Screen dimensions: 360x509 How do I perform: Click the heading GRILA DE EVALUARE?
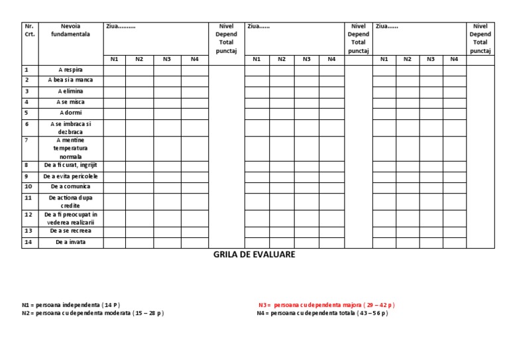click(254, 254)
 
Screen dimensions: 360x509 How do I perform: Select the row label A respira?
click(70, 69)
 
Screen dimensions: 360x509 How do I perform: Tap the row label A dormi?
click(70, 113)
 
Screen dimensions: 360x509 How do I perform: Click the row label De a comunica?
click(70, 187)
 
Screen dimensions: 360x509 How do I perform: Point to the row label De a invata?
click(70, 243)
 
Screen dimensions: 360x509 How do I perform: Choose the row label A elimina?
click(70, 91)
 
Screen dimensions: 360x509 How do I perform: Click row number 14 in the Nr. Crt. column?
click(28, 242)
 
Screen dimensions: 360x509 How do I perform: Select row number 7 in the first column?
click(27, 141)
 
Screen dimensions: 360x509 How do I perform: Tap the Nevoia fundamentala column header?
click(70, 30)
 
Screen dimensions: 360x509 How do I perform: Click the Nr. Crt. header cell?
click(29, 30)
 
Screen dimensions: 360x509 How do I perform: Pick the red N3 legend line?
click(326, 305)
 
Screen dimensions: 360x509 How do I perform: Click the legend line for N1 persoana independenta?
click(71, 305)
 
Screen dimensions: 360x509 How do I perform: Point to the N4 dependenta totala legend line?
click(322, 313)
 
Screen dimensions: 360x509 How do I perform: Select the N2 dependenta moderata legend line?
click(92, 313)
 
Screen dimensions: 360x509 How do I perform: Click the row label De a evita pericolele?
click(70, 176)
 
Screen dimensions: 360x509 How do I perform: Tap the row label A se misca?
click(70, 102)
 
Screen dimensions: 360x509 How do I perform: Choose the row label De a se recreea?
click(70, 231)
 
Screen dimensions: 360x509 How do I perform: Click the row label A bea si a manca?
click(70, 80)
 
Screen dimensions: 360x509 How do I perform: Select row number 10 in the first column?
click(28, 187)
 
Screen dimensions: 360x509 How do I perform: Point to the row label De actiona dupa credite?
click(70, 202)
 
